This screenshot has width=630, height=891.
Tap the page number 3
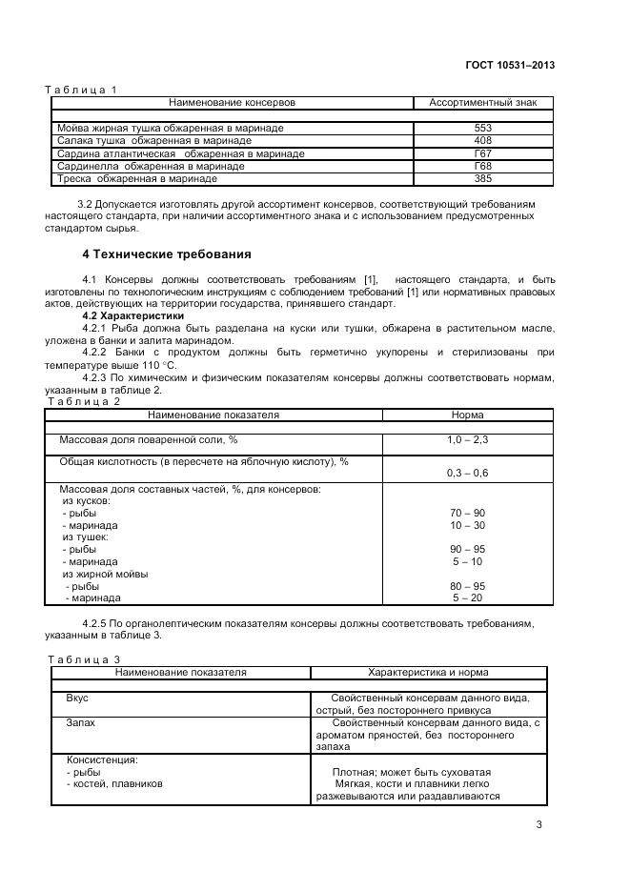(539, 824)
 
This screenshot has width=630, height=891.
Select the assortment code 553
(482, 128)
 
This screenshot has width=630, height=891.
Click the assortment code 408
(482, 140)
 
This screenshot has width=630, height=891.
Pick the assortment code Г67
(482, 152)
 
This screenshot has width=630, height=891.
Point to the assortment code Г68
(482, 166)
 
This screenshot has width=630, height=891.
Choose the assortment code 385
(482, 178)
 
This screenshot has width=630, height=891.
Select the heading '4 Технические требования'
(167, 254)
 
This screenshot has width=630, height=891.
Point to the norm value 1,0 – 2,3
(467, 440)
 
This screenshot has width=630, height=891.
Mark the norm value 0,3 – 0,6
(467, 473)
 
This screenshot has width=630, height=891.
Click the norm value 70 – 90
(467, 513)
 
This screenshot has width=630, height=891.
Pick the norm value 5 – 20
(467, 597)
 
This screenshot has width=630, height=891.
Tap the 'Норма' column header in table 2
(467, 415)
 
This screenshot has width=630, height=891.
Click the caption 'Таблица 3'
(84, 659)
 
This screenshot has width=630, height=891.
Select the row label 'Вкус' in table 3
(77, 699)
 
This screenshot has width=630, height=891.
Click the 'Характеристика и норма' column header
(427, 673)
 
